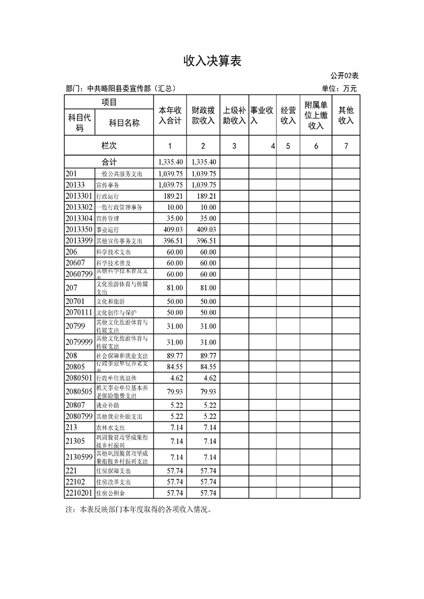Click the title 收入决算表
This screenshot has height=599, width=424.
(212, 61)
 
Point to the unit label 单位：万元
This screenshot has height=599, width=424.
(339, 89)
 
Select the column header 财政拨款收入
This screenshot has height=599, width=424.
(203, 115)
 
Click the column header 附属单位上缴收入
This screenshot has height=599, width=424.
(316, 115)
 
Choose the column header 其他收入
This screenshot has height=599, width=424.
(346, 115)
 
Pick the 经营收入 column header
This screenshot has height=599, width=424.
(288, 115)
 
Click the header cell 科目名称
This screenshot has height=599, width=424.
(124, 123)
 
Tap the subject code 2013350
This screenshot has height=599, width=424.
(80, 229)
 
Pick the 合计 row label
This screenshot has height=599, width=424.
(109, 162)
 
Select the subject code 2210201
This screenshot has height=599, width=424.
(80, 493)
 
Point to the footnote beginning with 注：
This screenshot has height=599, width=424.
(138, 509)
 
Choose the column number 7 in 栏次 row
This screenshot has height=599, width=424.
(346, 146)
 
